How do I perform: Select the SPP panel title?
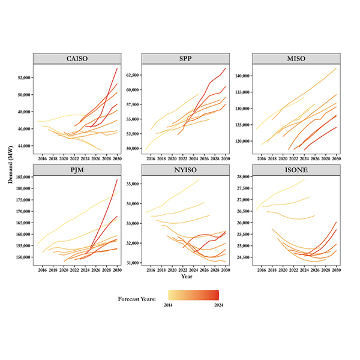(185, 58)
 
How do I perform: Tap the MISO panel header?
(294, 58)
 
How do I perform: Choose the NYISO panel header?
(185, 170)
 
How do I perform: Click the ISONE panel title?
(294, 170)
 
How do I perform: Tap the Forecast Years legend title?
(140, 295)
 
